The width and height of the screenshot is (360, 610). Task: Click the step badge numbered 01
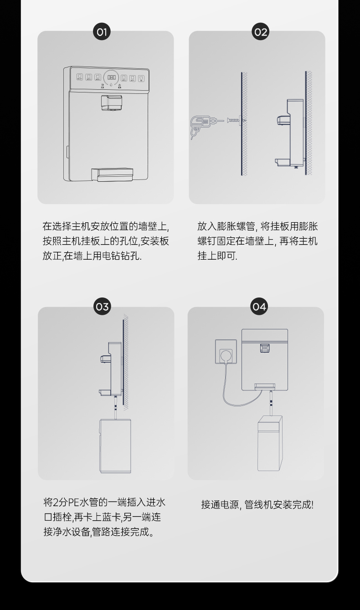102,32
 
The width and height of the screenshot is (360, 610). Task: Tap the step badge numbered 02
261,32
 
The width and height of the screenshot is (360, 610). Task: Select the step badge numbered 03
102,307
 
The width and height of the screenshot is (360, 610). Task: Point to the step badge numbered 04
259,307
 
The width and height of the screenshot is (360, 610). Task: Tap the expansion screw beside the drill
235,121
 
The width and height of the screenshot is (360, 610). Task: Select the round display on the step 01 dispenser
112,78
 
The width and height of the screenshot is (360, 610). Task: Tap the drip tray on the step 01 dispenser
112,174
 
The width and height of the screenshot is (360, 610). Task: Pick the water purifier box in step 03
115,446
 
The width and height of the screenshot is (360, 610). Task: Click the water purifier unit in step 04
270,444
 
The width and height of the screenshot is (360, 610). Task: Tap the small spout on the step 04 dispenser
264,349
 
